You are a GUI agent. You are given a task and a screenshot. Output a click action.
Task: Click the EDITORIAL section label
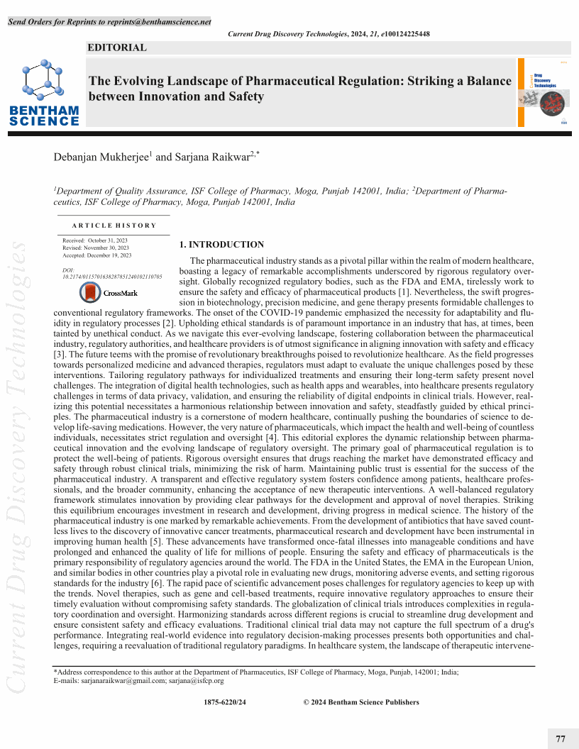pyautogui.click(x=116, y=48)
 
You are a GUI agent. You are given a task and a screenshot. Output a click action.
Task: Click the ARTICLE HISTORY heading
pyautogui.click(x=114, y=225)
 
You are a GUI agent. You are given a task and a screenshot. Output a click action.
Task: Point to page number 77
pyautogui.click(x=561, y=739)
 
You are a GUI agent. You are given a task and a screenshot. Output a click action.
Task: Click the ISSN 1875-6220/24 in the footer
pyautogui.click(x=225, y=702)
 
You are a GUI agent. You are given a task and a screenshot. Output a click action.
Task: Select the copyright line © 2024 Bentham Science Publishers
pyautogui.click(x=361, y=702)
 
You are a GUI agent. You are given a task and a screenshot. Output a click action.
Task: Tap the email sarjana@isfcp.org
pyautogui.click(x=197, y=680)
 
